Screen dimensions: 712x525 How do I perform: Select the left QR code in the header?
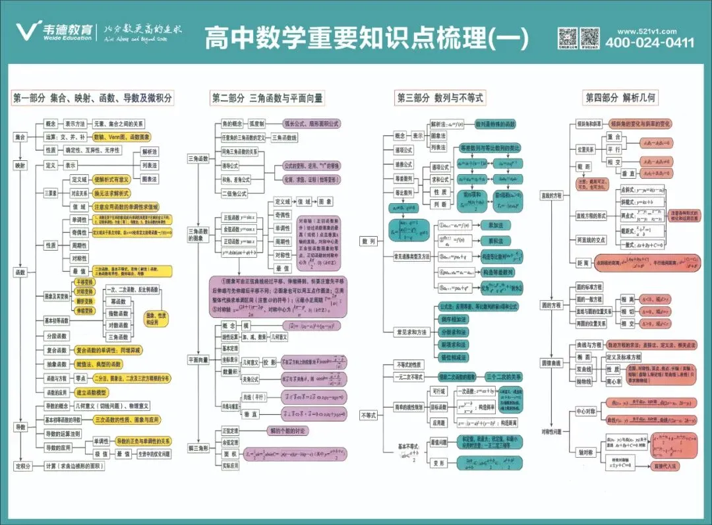pyautogui.click(x=568, y=36)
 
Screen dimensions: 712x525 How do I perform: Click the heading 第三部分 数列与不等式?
pyautogui.click(x=440, y=98)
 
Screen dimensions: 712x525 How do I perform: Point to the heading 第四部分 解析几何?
pyautogui.click(x=620, y=98)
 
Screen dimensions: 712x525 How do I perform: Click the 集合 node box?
pyautogui.click(x=20, y=137)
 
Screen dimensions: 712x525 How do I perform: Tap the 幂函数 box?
pyautogui.click(x=119, y=301)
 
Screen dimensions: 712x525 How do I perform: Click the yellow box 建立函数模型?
pyautogui.click(x=93, y=392)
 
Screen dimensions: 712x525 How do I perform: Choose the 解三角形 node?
pyautogui.click(x=198, y=448)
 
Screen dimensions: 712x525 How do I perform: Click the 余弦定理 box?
pyautogui.click(x=231, y=442)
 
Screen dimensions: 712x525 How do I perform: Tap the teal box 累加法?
pyautogui.click(x=491, y=225)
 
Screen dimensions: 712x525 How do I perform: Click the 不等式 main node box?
pyautogui.click(x=369, y=415)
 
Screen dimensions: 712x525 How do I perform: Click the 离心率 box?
pyautogui.click(x=614, y=381)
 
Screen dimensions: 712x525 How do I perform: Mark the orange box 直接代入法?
pyautogui.click(x=665, y=466)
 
